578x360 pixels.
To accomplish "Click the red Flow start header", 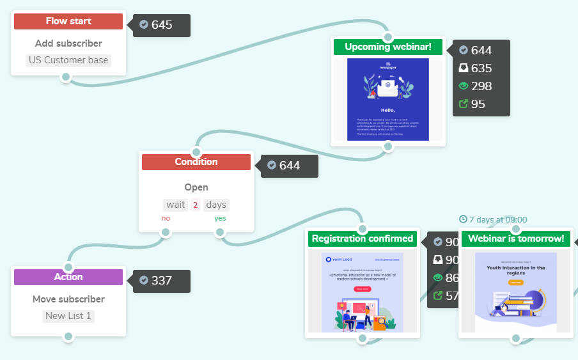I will [68, 21].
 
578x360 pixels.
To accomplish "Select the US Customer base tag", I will [68, 60].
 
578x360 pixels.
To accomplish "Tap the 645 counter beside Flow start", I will [161, 25].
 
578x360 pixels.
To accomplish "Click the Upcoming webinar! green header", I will [388, 47].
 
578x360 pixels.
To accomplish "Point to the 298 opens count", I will [481, 86].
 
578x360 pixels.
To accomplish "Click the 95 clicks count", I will [478, 104].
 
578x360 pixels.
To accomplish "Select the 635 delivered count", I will [481, 68].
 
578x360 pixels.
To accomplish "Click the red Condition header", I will [196, 162].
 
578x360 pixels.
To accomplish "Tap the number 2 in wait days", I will [196, 205].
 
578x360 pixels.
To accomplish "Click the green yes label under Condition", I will [220, 218].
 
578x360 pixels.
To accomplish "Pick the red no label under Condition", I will [166, 218].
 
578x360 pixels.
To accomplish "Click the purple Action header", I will [68, 277].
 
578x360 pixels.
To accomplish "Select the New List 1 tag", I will [68, 316].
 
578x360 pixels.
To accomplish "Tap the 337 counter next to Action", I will [161, 281].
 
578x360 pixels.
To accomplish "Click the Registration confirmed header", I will [363, 239].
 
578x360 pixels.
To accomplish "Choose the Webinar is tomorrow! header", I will [516, 239].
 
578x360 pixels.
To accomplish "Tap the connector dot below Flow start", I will [65, 77].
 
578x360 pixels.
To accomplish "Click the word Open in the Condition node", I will [196, 187].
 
